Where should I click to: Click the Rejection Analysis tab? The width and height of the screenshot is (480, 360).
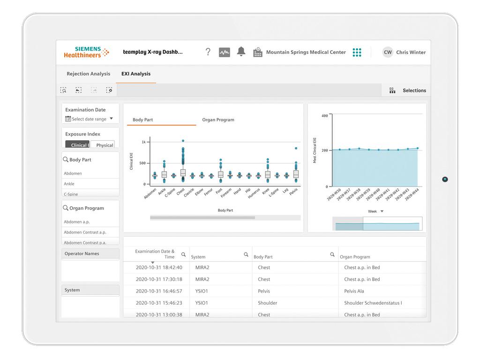(88, 74)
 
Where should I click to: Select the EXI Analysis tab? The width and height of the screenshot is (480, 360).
(136, 74)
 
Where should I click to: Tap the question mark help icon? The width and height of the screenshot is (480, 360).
(208, 52)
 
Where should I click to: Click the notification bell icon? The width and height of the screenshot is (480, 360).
(241, 52)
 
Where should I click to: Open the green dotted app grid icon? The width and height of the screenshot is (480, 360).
(357, 52)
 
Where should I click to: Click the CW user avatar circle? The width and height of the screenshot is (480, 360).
(388, 52)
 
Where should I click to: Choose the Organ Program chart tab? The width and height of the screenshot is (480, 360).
(218, 120)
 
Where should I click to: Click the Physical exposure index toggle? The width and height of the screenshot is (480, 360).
(104, 145)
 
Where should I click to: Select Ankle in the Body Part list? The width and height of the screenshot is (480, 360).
(69, 184)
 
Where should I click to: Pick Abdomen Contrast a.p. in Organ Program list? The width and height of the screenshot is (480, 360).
(85, 232)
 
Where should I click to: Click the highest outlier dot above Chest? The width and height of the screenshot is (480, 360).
(183, 141)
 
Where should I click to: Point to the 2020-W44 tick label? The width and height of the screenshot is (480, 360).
(412, 195)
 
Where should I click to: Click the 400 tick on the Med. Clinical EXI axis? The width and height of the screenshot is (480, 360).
(324, 116)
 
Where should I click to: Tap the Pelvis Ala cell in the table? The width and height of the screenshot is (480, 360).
(354, 291)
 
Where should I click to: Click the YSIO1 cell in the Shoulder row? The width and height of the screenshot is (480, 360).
(202, 303)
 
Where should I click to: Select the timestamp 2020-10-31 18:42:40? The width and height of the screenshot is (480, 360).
(159, 268)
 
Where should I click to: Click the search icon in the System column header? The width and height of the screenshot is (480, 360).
(246, 255)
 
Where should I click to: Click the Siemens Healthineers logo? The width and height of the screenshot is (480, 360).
(86, 52)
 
